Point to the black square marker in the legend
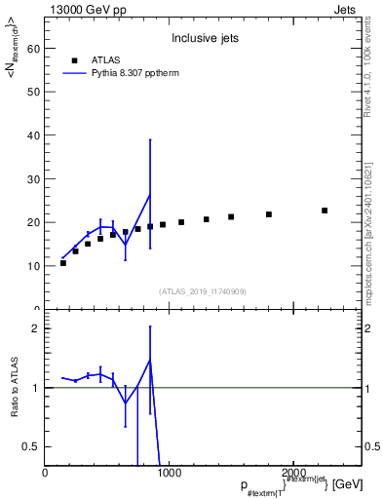pos(74,59)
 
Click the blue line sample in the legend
pos(74,72)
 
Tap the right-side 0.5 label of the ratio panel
pos(371,446)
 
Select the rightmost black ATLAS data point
pos(325,211)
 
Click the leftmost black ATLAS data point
pos(63,263)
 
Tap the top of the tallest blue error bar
pos(150,139)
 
